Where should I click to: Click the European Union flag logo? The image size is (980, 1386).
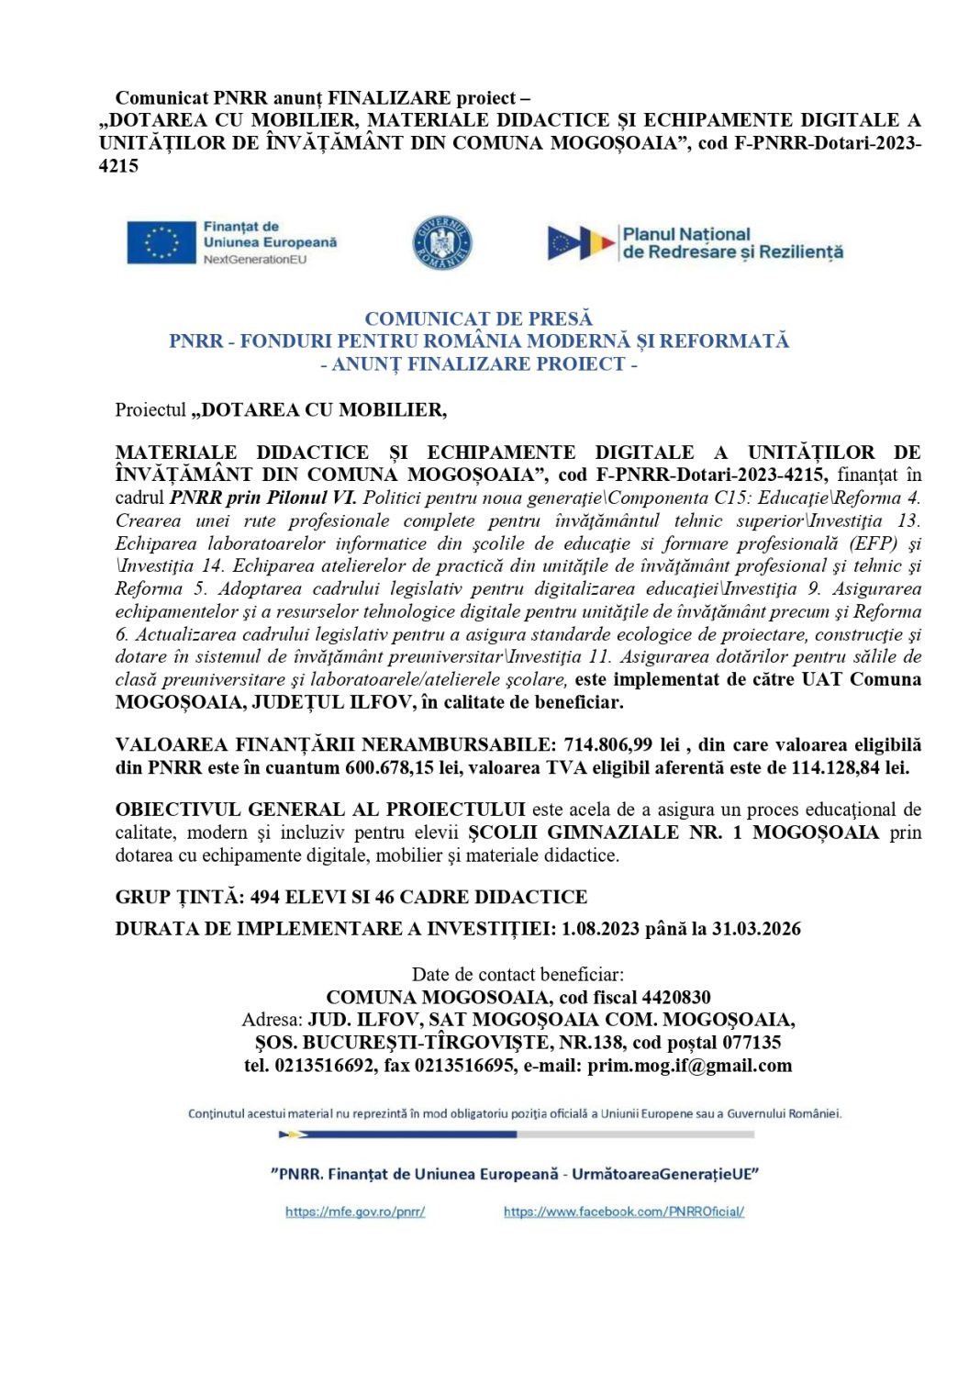[x=161, y=242]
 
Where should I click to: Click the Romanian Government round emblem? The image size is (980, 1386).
[x=441, y=243]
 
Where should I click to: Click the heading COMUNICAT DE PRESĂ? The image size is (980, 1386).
[x=478, y=319]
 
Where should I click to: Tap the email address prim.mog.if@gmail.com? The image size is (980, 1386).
[x=689, y=1066]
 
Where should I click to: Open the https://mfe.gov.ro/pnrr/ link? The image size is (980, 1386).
[x=355, y=1212]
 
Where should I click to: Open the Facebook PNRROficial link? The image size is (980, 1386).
[x=623, y=1212]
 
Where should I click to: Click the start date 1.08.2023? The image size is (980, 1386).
[x=600, y=929]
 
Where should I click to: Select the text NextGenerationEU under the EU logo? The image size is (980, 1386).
[x=255, y=260]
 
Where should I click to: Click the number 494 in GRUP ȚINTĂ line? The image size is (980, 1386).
[x=265, y=898]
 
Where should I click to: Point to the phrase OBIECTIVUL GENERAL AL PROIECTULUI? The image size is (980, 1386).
[x=320, y=810]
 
